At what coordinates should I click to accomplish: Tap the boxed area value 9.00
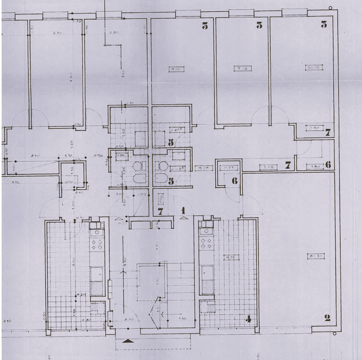(176, 70)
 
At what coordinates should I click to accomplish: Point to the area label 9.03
(242, 69)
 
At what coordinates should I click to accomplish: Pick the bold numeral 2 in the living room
(327, 317)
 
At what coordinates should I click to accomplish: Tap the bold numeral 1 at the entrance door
(183, 211)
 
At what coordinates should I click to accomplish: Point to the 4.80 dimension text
(71, 76)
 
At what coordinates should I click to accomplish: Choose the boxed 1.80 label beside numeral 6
(316, 167)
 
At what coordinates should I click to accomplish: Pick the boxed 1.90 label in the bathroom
(121, 156)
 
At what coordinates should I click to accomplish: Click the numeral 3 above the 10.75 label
(324, 25)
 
